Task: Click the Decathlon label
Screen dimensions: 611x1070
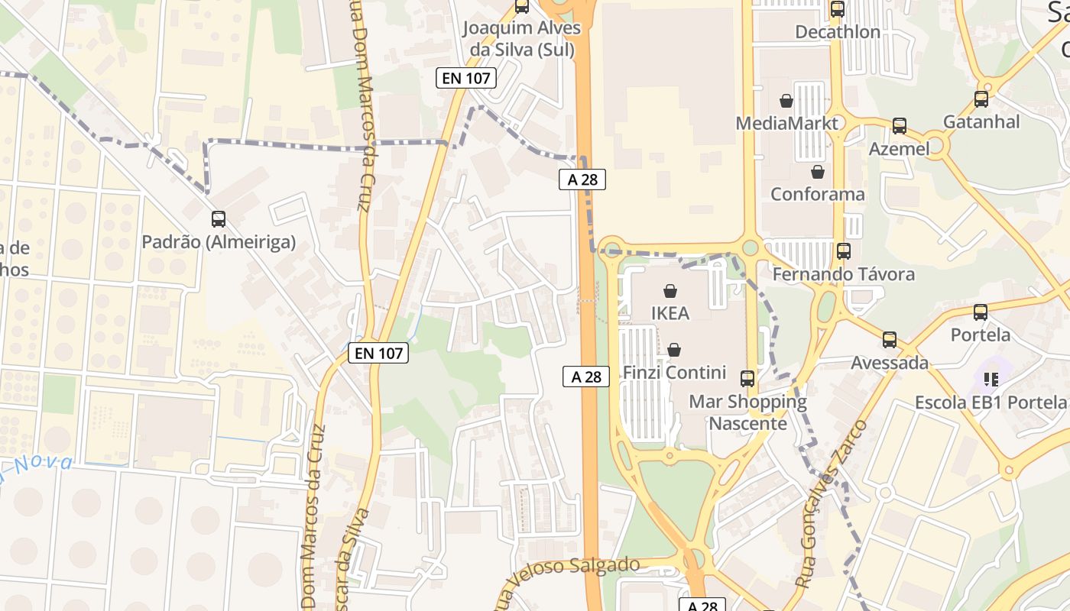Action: click(838, 32)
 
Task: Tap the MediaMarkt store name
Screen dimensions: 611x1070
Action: click(786, 123)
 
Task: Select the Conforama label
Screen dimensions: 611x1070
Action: click(817, 194)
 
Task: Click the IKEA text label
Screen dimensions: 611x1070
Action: click(670, 313)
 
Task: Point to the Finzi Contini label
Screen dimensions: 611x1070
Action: click(674, 373)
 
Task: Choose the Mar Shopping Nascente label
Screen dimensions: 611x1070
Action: click(747, 412)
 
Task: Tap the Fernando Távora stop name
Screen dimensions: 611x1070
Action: click(843, 273)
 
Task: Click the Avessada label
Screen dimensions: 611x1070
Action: click(890, 362)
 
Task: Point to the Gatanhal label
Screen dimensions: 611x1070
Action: click(981, 121)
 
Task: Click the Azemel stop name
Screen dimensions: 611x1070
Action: click(900, 148)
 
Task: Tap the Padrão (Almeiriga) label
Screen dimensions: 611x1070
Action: click(219, 242)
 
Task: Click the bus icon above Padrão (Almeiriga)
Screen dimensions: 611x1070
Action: click(219, 219)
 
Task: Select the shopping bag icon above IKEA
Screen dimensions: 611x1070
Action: click(670, 291)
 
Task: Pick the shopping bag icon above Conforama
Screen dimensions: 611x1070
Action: click(818, 172)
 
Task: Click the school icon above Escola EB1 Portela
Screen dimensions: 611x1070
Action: click(992, 379)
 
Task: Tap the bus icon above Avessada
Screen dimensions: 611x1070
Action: click(890, 340)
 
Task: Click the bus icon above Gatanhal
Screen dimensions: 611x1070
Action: click(981, 99)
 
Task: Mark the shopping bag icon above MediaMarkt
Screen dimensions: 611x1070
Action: click(786, 101)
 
